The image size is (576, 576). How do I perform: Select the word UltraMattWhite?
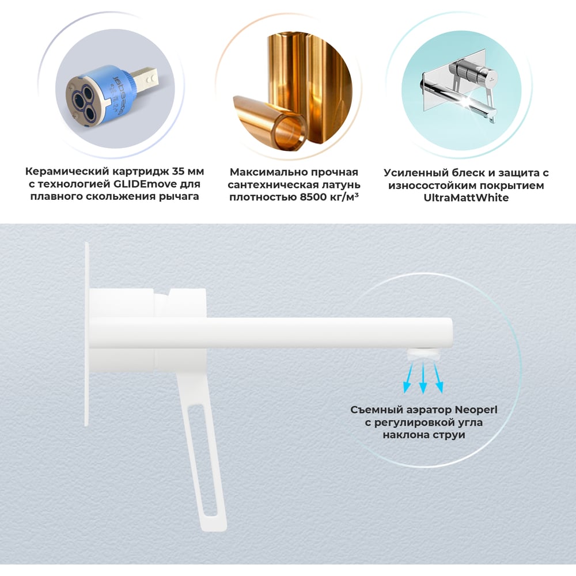coord(466,198)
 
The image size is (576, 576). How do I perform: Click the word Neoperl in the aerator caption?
coord(476,410)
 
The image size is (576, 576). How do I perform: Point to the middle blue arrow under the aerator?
coord(423,378)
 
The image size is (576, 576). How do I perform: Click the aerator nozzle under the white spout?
coord(424,354)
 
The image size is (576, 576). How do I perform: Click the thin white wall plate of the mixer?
coord(87,334)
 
